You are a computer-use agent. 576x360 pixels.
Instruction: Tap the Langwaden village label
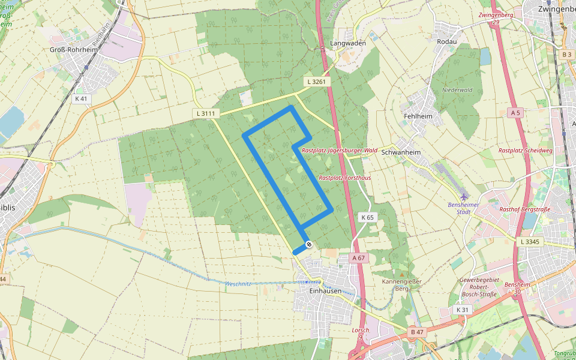348,44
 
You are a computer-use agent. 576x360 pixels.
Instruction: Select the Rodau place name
447,41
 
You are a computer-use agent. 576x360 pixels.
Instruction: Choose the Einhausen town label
325,291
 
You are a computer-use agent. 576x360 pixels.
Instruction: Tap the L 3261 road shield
316,82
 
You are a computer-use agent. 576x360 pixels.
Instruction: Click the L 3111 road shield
205,113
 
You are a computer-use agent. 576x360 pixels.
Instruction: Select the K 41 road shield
81,98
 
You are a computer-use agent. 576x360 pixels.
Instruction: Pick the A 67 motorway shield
358,257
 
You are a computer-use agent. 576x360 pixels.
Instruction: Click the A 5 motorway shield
515,113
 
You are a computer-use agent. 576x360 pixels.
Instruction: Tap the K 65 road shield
367,217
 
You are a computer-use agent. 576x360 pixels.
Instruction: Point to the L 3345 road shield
530,241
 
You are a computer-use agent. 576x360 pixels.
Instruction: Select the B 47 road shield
417,332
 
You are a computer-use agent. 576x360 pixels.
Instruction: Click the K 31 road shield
462,310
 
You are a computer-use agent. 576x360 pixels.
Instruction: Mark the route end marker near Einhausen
308,244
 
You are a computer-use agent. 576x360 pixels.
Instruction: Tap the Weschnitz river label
238,284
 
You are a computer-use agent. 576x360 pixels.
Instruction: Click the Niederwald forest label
457,90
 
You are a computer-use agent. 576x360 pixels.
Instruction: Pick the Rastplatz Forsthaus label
344,178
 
